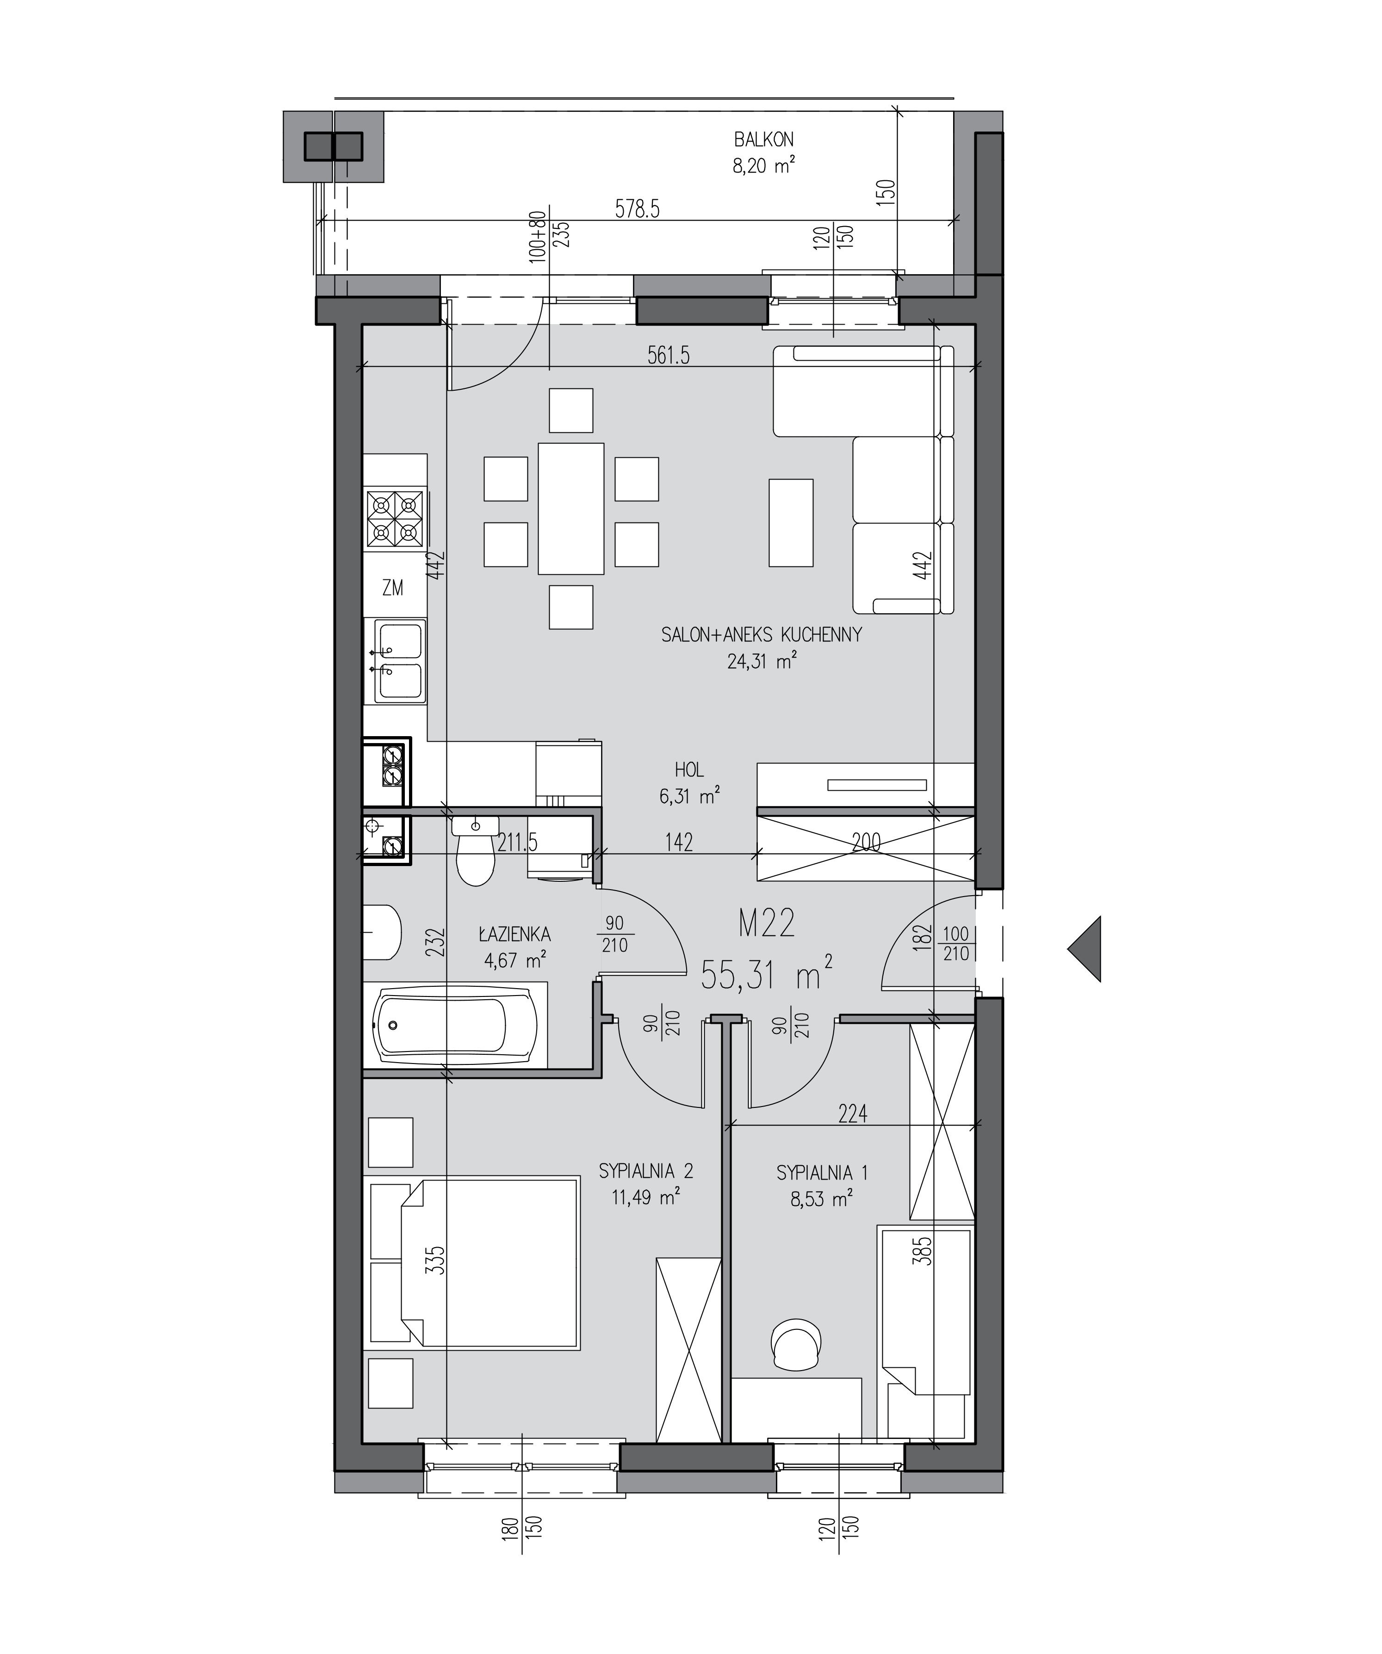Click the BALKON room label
click(763, 139)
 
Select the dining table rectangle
click(571, 508)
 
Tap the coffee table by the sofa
click(790, 522)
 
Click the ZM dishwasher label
click(392, 588)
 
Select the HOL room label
click(689, 769)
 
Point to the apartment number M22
click(767, 923)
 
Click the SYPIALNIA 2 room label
click(646, 1171)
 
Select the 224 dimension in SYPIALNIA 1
click(853, 1114)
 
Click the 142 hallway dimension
click(678, 842)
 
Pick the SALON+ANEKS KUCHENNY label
click(761, 635)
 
